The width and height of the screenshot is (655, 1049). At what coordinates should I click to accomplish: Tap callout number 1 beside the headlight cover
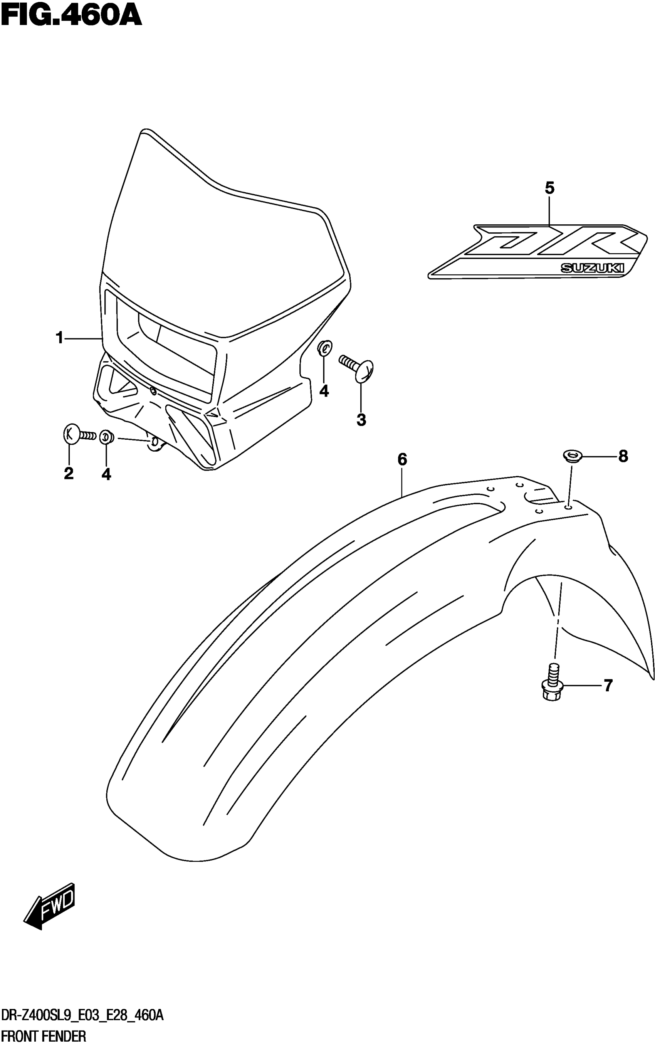tap(60, 338)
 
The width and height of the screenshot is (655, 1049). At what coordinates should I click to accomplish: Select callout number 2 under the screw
tap(69, 474)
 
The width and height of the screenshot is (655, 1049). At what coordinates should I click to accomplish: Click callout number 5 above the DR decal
tap(549, 188)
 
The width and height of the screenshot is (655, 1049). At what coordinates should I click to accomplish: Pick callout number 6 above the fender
tap(402, 459)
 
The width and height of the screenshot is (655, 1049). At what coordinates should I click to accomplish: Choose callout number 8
tap(623, 456)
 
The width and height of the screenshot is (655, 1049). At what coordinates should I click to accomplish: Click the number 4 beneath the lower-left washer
tap(106, 474)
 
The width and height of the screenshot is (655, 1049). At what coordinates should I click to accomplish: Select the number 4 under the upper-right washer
tap(324, 391)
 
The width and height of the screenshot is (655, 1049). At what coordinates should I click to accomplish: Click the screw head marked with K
tap(71, 435)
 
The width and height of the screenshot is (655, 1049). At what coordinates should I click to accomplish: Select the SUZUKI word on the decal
tap(593, 268)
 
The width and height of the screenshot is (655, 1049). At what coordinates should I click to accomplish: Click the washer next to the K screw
tap(106, 437)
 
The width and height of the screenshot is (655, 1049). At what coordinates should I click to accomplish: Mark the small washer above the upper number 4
tap(325, 348)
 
